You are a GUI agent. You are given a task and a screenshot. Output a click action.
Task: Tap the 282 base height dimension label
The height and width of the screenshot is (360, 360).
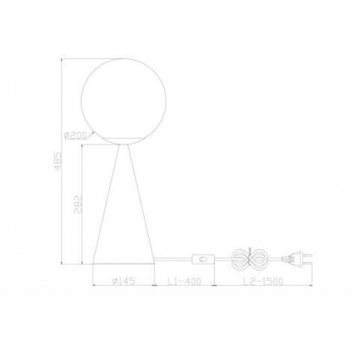click(x=78, y=204)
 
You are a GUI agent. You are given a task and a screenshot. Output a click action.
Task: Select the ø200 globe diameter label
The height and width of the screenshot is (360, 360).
click(x=76, y=135)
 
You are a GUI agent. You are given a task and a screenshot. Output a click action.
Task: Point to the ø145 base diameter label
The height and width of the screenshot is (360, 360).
click(x=123, y=281)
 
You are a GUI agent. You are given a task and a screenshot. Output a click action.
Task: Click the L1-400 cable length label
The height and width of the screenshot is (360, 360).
click(x=184, y=281)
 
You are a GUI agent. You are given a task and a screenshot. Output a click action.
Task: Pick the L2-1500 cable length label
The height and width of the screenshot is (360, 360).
click(x=263, y=281)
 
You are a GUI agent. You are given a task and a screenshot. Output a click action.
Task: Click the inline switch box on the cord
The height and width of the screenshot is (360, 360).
click(x=203, y=259)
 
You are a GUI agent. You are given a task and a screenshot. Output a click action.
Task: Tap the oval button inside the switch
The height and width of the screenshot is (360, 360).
click(x=203, y=259)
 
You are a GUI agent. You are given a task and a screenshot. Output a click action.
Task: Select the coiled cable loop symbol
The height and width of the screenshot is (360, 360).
click(x=249, y=259)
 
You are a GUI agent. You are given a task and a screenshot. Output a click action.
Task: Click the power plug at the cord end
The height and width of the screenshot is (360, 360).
click(x=297, y=259)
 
